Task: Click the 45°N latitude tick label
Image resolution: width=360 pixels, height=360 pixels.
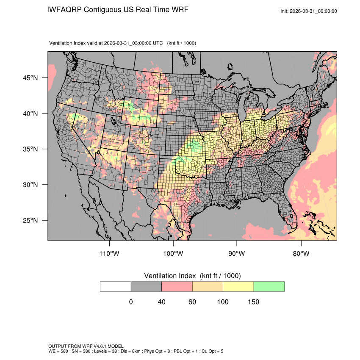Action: pyautogui.click(x=30, y=78)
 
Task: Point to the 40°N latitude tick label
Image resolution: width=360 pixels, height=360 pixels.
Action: pyautogui.click(x=30, y=114)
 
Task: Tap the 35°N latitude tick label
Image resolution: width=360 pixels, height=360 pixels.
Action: pyautogui.click(x=30, y=149)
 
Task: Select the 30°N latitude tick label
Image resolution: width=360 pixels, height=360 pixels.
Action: pyautogui.click(x=30, y=185)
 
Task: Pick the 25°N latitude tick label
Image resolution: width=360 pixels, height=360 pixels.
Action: pyautogui.click(x=30, y=220)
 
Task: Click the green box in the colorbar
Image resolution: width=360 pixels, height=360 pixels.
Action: pyautogui.click(x=269, y=286)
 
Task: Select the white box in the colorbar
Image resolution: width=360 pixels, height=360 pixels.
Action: pyautogui.click(x=116, y=286)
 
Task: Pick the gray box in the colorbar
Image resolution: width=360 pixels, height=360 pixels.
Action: pyautogui.click(x=146, y=286)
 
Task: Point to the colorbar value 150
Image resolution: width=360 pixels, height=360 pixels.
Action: pyautogui.click(x=253, y=302)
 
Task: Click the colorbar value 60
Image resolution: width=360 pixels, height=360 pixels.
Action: pyautogui.click(x=192, y=302)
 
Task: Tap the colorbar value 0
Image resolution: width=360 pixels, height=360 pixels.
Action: pyautogui.click(x=131, y=302)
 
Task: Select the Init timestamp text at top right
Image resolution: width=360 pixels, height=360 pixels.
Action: pyautogui.click(x=309, y=11)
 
